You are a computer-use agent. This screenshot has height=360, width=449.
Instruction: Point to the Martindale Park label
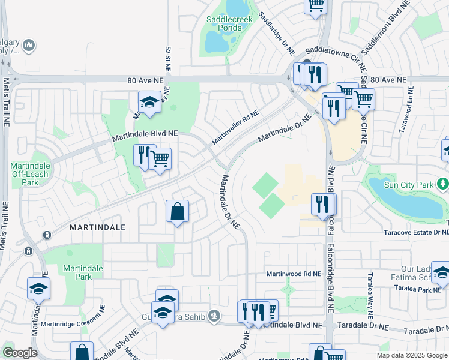pos(83,272)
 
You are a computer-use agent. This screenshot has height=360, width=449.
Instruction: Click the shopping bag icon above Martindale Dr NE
pos(178,212)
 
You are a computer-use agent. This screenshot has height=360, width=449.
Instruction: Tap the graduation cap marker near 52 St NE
pos(149,103)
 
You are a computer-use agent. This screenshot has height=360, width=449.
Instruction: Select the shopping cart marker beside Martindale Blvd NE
pos(160,159)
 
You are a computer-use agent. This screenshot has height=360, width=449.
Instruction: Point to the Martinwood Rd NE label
pos(294,274)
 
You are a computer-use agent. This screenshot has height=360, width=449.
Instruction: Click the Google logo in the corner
pos(20,353)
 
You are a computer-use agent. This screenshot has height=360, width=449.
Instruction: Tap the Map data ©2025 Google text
pos(412,355)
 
